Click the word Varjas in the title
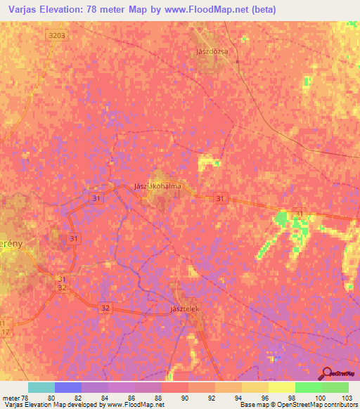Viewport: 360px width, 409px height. [x=22, y=9]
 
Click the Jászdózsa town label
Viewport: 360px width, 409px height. [x=212, y=51]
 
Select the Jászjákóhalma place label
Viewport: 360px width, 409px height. [x=157, y=186]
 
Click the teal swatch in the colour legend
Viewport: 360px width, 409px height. [x=41, y=387]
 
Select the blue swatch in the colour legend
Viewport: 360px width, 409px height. [x=68, y=387]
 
